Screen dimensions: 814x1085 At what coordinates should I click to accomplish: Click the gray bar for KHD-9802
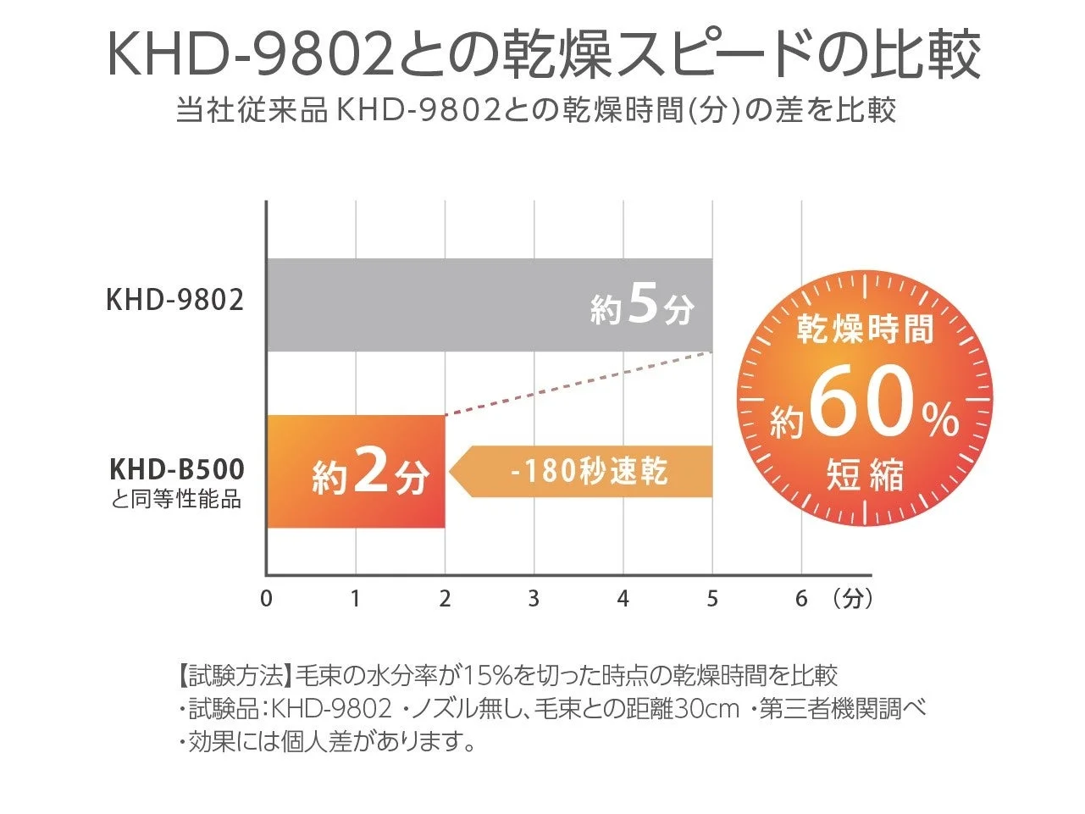coord(423,305)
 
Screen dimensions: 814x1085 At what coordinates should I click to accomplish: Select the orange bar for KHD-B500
coord(356,471)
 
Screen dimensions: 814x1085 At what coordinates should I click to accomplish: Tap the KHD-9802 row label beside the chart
coord(174,300)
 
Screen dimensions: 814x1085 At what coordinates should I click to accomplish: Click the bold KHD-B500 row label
coord(177,469)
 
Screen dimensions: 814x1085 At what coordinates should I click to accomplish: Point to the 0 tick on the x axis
coord(267,599)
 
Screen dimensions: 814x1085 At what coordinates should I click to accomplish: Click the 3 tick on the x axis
coord(534,599)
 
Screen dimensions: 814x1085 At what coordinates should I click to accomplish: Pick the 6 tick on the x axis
coord(801,599)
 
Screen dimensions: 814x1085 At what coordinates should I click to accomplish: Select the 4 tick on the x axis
coord(623,599)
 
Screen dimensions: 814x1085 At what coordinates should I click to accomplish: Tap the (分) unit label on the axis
coord(852,599)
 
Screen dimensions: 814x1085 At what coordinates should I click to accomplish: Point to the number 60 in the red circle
coord(862,406)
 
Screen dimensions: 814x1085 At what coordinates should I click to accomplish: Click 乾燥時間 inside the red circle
coord(865,329)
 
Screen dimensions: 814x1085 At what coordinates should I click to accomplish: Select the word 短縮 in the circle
coord(865,475)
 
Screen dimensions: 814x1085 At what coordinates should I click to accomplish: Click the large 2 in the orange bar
coord(371,473)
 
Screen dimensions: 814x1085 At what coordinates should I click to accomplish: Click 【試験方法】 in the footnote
coord(235,675)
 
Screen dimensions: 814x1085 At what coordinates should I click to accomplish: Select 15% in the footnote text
coord(484,675)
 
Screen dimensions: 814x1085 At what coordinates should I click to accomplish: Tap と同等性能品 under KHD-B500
coord(176,500)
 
